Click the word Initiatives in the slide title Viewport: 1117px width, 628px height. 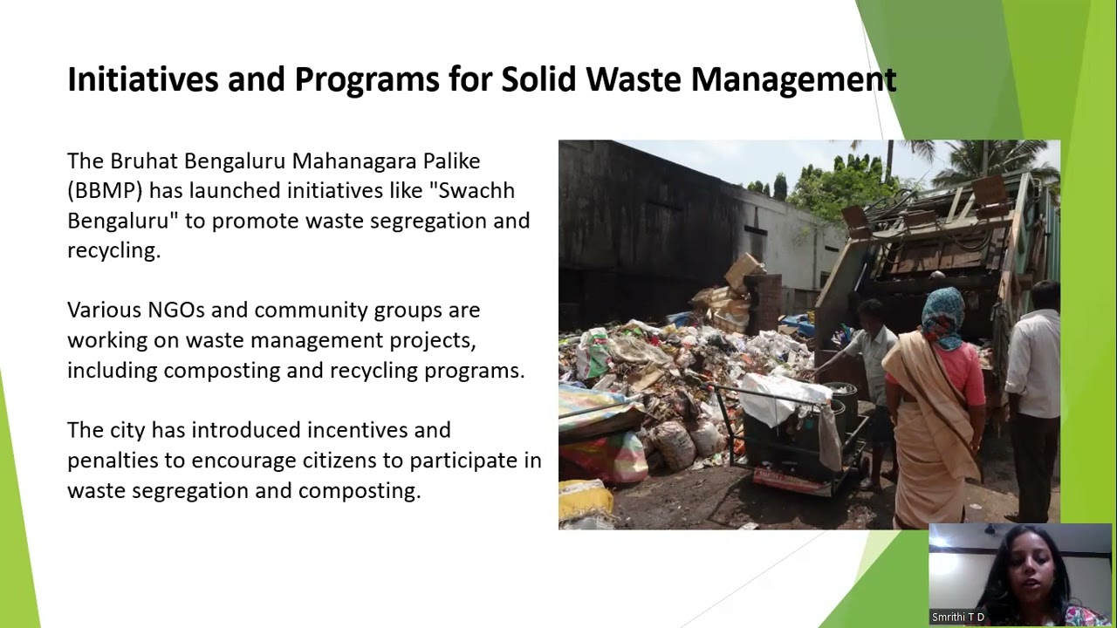[x=142, y=79]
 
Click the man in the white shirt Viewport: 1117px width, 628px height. [x=1035, y=366]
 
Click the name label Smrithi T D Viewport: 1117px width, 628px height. [x=958, y=617]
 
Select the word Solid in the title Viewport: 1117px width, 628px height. [x=538, y=79]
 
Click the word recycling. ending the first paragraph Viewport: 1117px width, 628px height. [x=113, y=250]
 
